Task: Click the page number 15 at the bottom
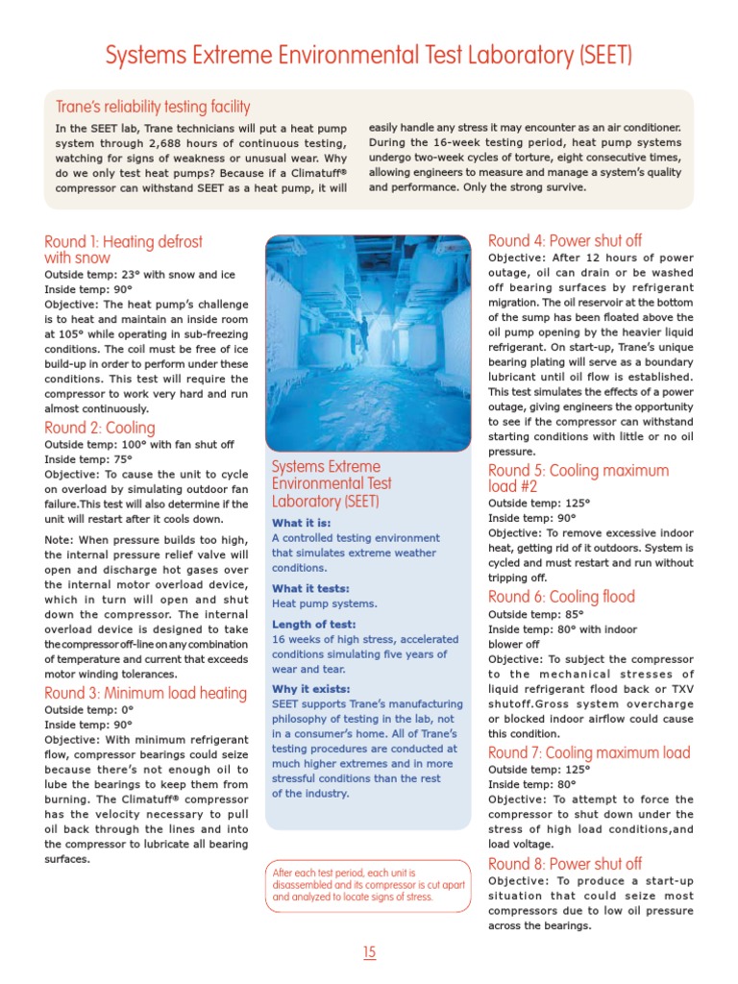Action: (x=369, y=952)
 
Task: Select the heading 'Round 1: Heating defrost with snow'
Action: (x=123, y=249)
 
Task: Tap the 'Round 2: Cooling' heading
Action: (x=99, y=428)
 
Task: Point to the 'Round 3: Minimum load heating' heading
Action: (x=145, y=693)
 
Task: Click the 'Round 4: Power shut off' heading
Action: (x=564, y=240)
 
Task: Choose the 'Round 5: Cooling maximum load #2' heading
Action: (x=578, y=479)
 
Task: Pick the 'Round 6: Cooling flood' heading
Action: (x=561, y=597)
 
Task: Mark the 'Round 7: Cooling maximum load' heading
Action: (x=588, y=752)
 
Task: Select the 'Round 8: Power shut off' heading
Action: (x=564, y=864)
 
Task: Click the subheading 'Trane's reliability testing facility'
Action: (x=152, y=107)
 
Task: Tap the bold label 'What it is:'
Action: (x=302, y=523)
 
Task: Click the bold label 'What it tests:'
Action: (x=310, y=588)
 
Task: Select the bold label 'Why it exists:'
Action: (x=310, y=689)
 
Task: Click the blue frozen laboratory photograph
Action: (x=368, y=341)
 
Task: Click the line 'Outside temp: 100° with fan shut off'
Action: (x=138, y=445)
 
